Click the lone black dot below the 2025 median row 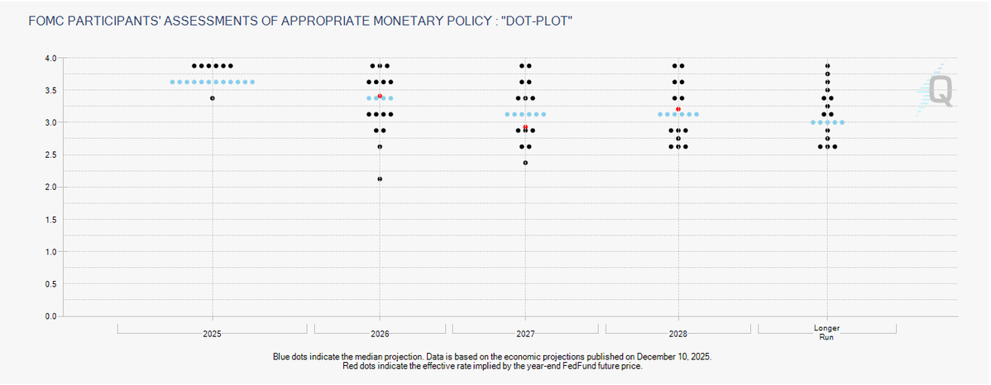coord(213,98)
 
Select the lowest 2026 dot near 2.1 coord(380,178)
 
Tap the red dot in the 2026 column coord(380,96)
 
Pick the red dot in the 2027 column coord(525,127)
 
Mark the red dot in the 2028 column coord(678,109)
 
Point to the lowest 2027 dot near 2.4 coord(525,163)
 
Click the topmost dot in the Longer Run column coord(827,65)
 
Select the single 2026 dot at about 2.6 coord(380,146)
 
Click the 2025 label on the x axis coord(213,334)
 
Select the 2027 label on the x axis coord(525,334)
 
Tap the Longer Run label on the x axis coord(826,333)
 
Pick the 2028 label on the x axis coord(678,334)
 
